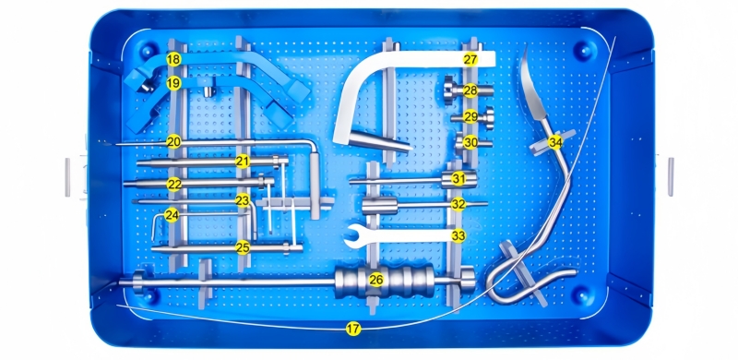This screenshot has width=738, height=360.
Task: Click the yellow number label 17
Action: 353,329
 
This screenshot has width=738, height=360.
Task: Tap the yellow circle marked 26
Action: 375,280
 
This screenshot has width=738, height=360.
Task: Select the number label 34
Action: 555,142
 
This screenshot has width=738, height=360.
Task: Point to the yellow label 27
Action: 470,59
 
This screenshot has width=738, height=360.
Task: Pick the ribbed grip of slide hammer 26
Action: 384,281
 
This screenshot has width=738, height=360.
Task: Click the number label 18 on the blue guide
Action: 173,59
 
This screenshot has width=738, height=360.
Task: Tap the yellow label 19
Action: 173,84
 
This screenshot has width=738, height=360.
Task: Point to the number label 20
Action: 173,141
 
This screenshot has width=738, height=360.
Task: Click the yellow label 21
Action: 243,162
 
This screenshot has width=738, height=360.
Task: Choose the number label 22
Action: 174,185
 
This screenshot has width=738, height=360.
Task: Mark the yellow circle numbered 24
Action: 172,216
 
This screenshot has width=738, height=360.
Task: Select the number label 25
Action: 243,246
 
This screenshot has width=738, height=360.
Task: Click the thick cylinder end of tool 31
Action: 458,179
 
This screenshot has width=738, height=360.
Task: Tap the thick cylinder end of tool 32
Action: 380,206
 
